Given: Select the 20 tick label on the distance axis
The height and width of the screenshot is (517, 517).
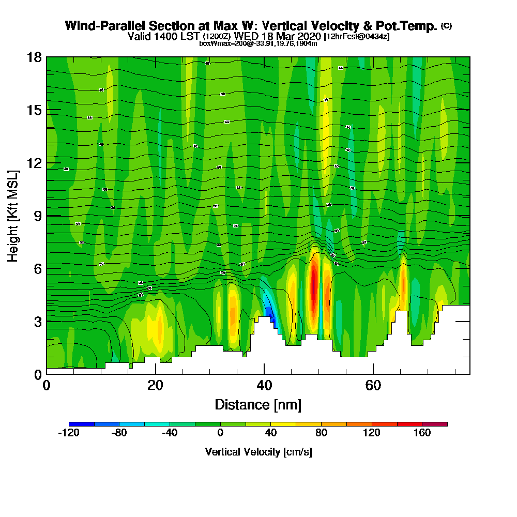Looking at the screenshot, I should click(x=155, y=386).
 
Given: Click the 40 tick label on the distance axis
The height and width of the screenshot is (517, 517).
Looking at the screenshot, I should click(x=264, y=386).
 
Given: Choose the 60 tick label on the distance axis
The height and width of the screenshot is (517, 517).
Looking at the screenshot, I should click(x=373, y=386).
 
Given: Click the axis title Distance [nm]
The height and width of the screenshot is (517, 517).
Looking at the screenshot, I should click(x=258, y=404).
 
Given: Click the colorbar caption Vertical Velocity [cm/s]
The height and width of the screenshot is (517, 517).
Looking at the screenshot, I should click(x=258, y=452).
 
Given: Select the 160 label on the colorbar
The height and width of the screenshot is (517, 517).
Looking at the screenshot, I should click(x=422, y=433).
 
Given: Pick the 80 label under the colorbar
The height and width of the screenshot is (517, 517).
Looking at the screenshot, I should click(x=321, y=433).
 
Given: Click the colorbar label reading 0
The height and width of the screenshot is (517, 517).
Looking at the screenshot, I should click(x=220, y=433).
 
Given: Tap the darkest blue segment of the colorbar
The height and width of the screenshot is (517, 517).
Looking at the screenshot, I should click(x=81, y=424).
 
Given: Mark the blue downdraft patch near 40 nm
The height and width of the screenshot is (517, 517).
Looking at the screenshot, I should click(x=269, y=310).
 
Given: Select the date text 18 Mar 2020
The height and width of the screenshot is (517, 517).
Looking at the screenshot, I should click(x=286, y=36).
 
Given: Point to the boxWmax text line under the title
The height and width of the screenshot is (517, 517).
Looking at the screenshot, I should click(x=258, y=43).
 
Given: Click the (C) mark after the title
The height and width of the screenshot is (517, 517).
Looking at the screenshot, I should click(x=446, y=25).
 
